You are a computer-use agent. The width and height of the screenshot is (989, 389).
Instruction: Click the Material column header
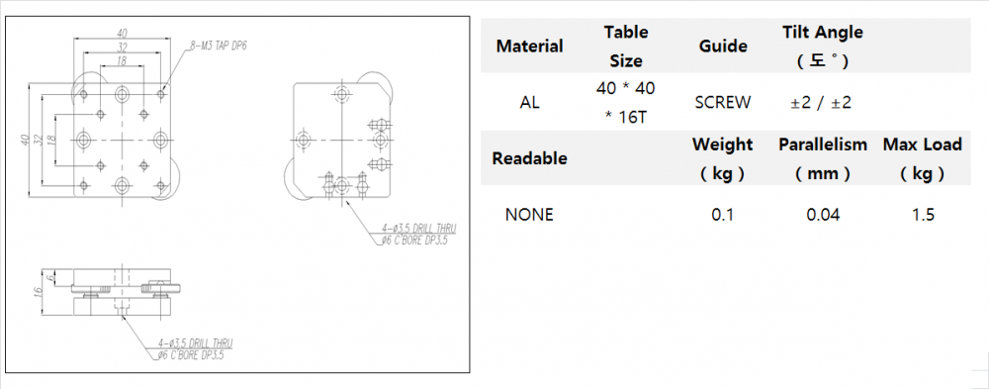529,47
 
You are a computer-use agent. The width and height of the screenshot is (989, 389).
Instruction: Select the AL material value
529,102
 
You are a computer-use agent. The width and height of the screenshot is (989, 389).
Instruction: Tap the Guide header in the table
723,47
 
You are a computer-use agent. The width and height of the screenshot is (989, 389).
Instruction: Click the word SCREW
723,102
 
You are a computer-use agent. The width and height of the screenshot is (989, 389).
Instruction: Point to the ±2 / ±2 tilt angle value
821,102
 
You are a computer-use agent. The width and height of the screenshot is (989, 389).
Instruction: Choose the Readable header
529,158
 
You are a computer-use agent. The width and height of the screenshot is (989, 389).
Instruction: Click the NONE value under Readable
529,215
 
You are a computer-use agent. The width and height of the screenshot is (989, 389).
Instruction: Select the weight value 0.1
723,215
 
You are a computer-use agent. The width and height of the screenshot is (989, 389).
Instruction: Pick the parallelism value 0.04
823,215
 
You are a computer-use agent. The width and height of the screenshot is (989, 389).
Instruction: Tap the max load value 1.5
923,215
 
